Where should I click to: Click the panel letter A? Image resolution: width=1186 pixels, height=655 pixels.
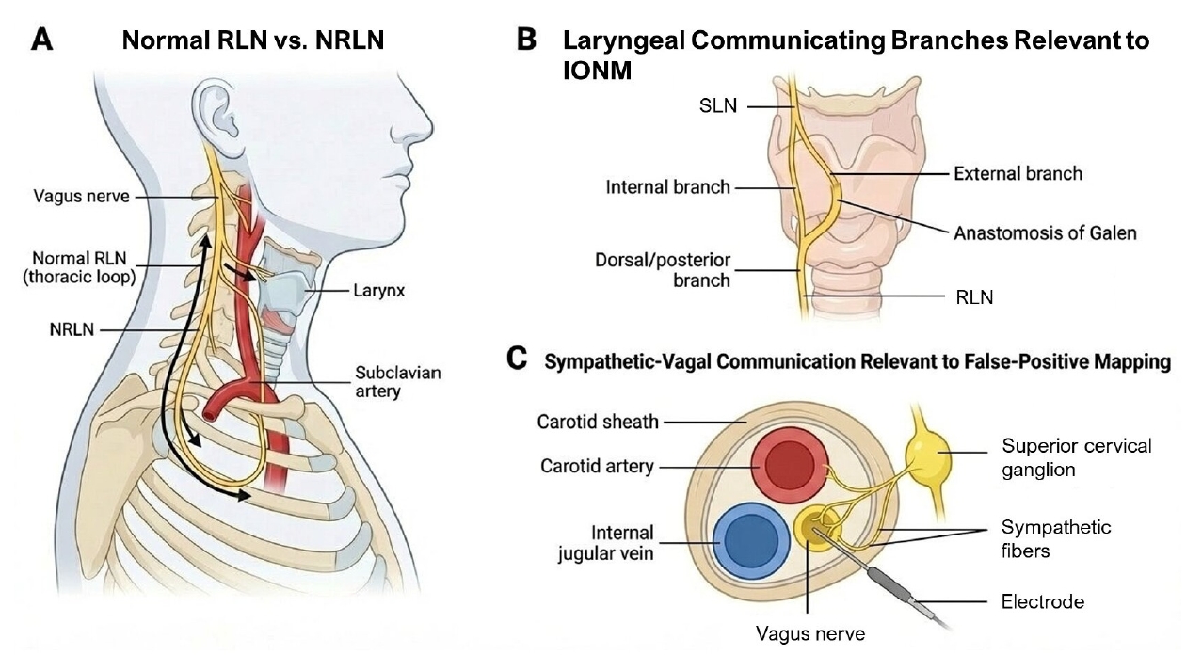click(42, 40)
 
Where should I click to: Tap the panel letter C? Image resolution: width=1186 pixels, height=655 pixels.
click(517, 359)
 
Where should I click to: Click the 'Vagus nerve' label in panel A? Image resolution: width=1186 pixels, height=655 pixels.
click(82, 197)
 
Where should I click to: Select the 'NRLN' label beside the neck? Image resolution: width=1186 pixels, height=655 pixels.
click(72, 330)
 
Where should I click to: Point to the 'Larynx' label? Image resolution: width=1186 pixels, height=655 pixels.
click(379, 291)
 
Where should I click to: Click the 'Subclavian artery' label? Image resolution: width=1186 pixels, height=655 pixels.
click(397, 382)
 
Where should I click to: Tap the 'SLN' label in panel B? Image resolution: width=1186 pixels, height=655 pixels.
click(718, 106)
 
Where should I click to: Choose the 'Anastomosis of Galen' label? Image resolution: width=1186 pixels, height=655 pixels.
click(1045, 233)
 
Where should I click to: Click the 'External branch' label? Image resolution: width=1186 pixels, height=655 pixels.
click(1018, 174)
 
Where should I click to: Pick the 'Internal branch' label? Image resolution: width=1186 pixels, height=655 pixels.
click(667, 187)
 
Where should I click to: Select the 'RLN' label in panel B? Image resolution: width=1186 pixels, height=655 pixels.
click(974, 297)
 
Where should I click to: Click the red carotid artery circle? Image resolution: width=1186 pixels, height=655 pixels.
click(790, 464)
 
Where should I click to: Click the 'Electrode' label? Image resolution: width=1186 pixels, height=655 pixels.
click(1043, 602)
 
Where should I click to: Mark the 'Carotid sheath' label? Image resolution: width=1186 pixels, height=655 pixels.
click(598, 422)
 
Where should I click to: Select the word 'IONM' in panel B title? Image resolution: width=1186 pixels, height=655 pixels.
click(597, 71)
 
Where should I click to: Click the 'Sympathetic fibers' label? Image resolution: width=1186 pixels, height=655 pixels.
click(1056, 539)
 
